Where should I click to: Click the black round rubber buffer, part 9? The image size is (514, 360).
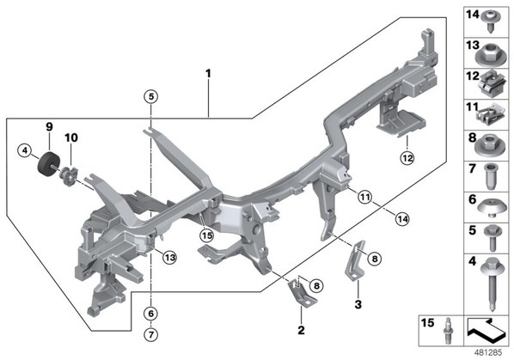[x=48, y=164]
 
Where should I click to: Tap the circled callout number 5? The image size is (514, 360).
[x=150, y=96]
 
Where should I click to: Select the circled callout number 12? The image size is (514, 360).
[x=407, y=159]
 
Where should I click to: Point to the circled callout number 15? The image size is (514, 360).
[x=207, y=235]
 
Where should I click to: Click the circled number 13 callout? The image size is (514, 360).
[x=170, y=258]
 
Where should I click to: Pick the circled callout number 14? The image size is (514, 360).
[x=402, y=219]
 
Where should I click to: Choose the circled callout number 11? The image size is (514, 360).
[x=364, y=197]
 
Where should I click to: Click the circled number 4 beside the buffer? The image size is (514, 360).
[x=25, y=151]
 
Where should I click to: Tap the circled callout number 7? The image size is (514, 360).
[x=150, y=335]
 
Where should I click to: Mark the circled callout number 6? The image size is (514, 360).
[x=150, y=314]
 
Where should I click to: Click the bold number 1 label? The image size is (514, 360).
[x=208, y=73]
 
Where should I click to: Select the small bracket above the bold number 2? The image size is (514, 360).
[x=302, y=292]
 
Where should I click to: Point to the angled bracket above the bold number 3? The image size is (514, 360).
[x=355, y=260]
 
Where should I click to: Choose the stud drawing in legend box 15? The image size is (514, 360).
[x=447, y=331]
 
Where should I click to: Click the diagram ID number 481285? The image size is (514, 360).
[x=488, y=353]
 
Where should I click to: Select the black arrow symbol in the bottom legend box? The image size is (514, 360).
[x=486, y=330]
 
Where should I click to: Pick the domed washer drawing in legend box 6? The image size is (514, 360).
[x=491, y=208]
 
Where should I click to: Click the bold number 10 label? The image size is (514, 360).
[x=71, y=137]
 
